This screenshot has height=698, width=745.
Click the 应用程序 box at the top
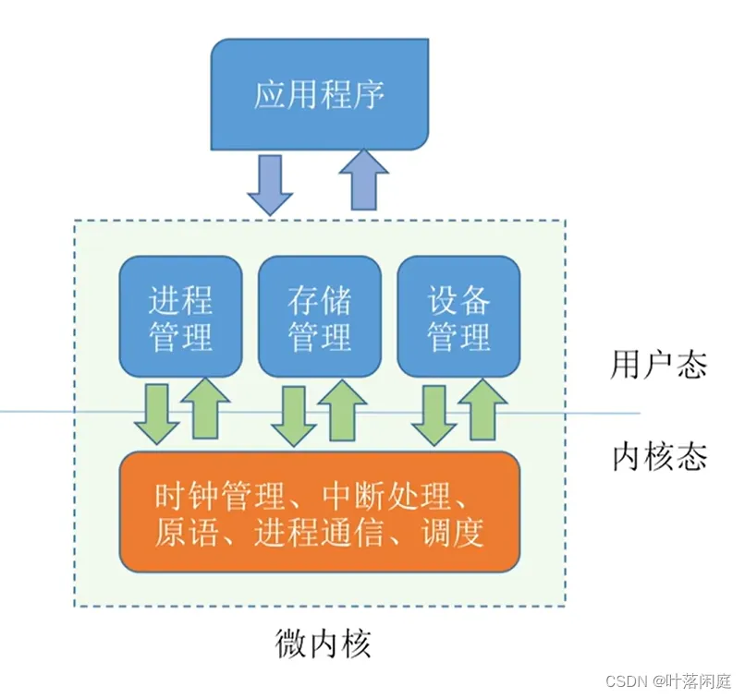coord(320,94)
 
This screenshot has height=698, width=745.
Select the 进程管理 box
coord(180,317)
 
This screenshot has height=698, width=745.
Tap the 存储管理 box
coord(320,317)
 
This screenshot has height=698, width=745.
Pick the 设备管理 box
coord(458,317)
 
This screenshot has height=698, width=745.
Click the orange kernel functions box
coord(319,512)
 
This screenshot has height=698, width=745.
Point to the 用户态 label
coord(658,365)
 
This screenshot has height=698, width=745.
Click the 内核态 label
coord(659,456)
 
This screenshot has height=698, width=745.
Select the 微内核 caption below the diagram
coord(323,644)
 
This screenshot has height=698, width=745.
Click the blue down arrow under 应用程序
coord(270,185)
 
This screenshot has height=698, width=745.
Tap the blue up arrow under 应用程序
coord(364,179)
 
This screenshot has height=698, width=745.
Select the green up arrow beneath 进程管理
coord(205,408)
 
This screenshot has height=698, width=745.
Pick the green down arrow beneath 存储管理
coord(294,415)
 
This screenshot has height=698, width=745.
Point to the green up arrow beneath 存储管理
coord(342,410)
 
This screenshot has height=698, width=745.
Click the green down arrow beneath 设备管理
coord(434,415)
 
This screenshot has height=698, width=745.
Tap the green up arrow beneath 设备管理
coord(482,409)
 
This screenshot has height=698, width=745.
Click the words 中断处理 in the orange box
coord(386,496)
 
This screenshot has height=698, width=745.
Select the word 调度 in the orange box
coord(453,532)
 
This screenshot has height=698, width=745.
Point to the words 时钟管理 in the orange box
coord(219,496)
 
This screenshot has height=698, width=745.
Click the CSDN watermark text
coord(668,681)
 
